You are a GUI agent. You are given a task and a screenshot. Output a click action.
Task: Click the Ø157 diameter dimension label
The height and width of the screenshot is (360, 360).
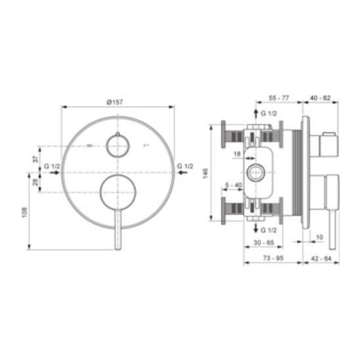115,102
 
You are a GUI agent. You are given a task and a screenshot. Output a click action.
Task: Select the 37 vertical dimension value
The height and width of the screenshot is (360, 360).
36,159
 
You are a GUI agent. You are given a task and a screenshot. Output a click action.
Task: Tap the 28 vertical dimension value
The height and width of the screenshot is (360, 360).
35,182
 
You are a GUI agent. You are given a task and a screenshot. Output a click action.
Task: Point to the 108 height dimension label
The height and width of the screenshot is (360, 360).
24,212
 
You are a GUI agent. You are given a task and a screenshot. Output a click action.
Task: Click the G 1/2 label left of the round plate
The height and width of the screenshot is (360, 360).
52,166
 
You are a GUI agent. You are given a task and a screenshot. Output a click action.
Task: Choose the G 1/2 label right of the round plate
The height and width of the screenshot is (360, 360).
185,166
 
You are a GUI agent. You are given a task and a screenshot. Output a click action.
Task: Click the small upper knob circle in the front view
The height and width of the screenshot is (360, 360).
118,146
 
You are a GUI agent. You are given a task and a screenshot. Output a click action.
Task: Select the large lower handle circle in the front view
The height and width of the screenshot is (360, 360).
118,192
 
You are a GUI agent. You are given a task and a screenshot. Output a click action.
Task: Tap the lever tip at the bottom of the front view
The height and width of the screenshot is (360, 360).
118,248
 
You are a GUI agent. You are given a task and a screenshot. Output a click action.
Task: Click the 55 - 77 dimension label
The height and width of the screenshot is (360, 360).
279,98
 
